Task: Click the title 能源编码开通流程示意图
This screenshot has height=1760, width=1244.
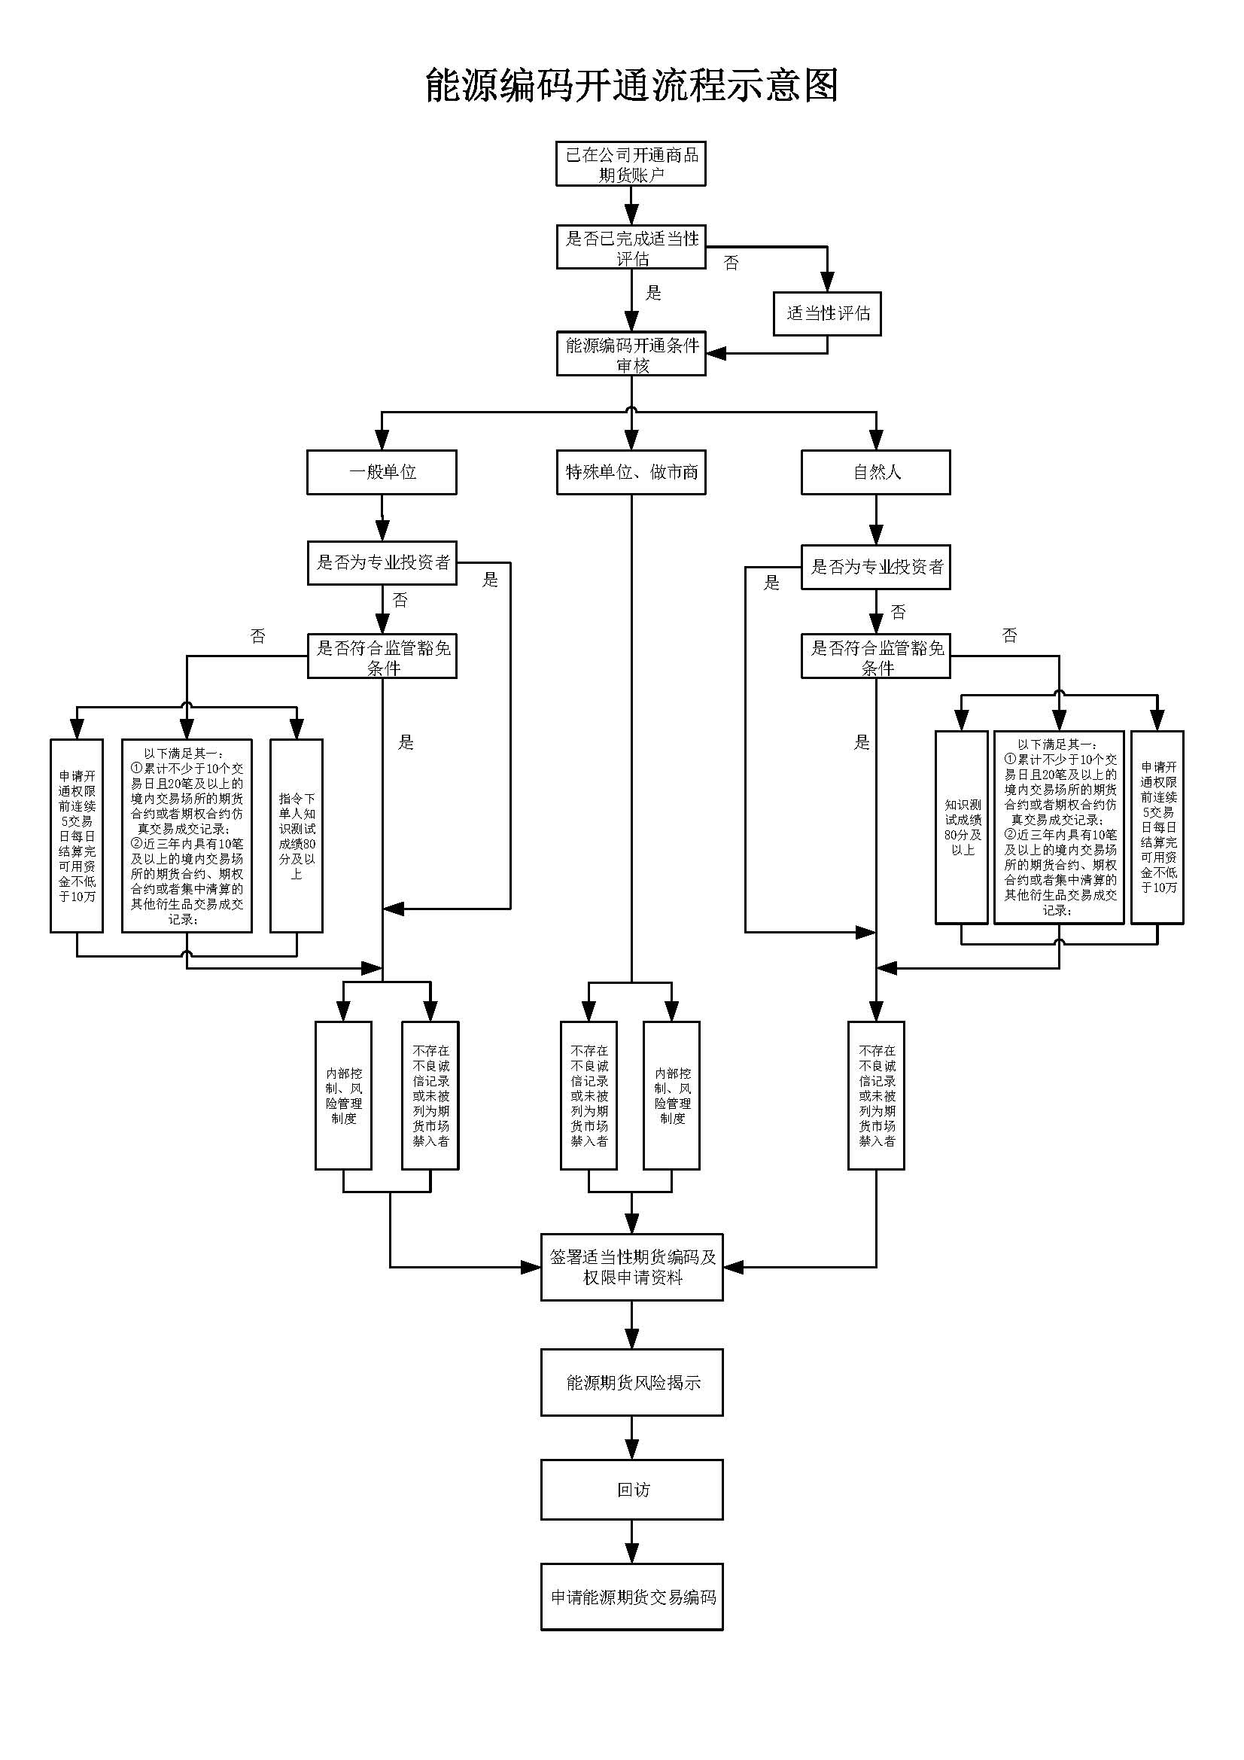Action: (x=631, y=85)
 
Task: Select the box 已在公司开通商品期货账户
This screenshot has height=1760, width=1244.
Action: (x=631, y=164)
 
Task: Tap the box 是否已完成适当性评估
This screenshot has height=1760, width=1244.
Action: (x=631, y=247)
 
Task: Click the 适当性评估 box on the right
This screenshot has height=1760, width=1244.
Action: (x=827, y=313)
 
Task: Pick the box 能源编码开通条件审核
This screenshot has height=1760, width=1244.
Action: (x=631, y=354)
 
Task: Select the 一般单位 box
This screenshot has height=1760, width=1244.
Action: (x=382, y=472)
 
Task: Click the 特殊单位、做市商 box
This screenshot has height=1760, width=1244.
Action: (x=631, y=472)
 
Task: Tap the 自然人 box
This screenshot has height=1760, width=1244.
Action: (x=876, y=472)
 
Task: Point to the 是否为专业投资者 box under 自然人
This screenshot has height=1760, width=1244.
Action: (x=876, y=568)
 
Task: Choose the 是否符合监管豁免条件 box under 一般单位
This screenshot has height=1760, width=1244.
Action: (x=382, y=656)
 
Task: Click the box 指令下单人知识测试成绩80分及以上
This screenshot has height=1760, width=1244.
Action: (x=297, y=836)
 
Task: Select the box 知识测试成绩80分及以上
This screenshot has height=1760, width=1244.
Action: (x=962, y=827)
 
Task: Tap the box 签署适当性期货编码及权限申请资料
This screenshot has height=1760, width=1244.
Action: (x=631, y=1267)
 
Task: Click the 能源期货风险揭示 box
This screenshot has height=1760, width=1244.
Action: (x=631, y=1382)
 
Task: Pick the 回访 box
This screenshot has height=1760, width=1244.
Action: (x=631, y=1490)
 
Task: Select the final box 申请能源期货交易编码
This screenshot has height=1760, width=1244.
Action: (x=631, y=1597)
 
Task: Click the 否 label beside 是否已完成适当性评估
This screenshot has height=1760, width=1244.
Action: (x=731, y=263)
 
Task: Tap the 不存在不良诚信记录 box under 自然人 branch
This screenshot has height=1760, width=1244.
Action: (x=876, y=1095)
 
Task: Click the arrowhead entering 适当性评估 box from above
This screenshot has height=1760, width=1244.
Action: (x=827, y=282)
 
